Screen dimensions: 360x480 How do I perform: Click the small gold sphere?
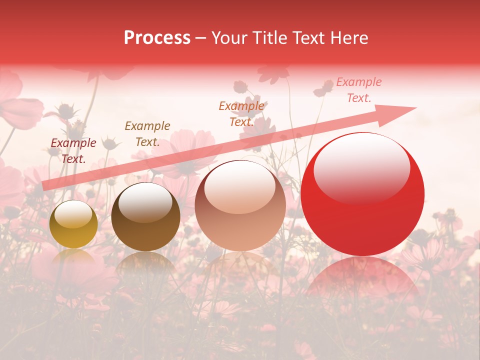[x=73, y=224]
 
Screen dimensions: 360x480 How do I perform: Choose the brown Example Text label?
[x=147, y=134]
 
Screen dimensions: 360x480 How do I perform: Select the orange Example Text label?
[x=241, y=114]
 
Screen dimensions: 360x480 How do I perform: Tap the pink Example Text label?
[x=358, y=90]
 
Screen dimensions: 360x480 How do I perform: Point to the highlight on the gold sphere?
[x=73, y=215]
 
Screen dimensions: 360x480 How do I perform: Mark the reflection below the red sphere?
[x=362, y=280]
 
